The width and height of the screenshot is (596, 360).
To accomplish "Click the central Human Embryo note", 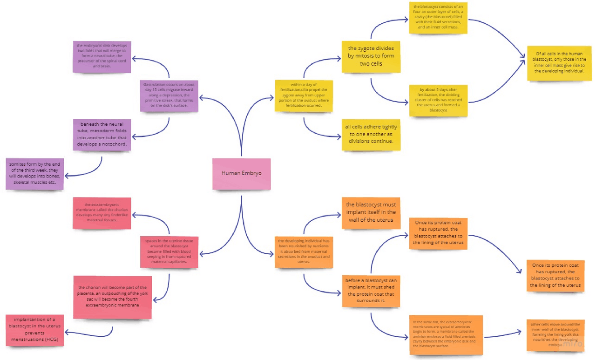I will coord(241,173).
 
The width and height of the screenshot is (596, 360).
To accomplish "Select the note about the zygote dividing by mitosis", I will coord(371,56).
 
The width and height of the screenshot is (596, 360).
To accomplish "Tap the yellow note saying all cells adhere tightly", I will coord(371,134).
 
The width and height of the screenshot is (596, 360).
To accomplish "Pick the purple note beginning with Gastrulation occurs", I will coord(169,95).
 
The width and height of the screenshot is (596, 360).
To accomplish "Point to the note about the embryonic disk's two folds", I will coord(102,56).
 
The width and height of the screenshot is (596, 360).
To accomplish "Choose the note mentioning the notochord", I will coord(102,134).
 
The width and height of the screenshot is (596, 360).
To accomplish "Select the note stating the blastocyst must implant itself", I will coord(371,212).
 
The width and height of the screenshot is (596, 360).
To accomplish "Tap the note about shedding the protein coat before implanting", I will coord(371,291).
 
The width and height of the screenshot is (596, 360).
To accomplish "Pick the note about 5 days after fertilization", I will coord(438,100).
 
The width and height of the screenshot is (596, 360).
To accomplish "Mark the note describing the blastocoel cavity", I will coord(438,17).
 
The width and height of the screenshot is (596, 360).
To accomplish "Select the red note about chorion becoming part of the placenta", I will coord(113,297).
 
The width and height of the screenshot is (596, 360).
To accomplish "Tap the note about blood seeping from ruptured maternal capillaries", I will coord(169,251).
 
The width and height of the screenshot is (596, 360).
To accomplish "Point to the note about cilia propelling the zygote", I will coord(304,95).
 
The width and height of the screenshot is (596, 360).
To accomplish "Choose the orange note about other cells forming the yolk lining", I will coord(555,334).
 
